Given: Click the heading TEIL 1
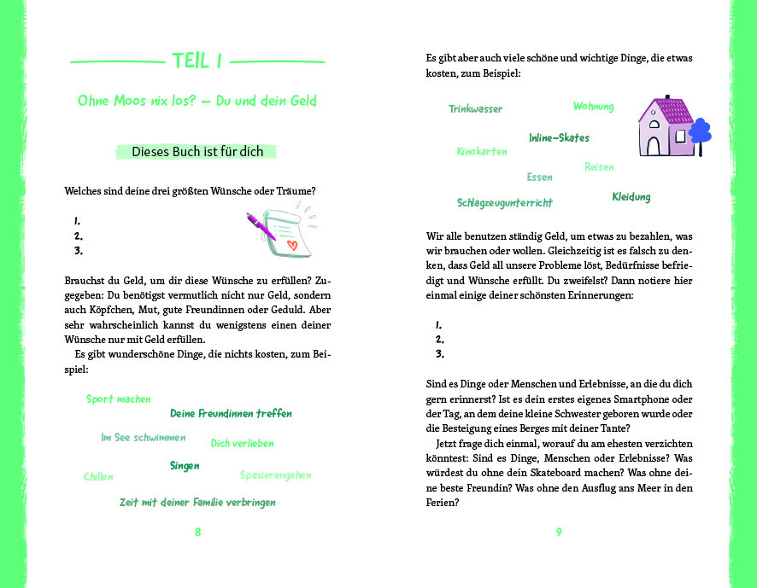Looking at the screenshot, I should [197, 61].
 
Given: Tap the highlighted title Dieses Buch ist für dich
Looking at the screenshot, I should [197, 152].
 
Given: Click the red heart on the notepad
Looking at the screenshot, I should [291, 245].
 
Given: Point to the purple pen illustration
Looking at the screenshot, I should [260, 225].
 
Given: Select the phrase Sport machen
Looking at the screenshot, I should [119, 399].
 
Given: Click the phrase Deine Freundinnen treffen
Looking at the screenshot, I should [231, 414].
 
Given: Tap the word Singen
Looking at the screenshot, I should [185, 466].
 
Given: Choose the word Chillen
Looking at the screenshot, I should [98, 477].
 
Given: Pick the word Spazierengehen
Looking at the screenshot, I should [275, 474].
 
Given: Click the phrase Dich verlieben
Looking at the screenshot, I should [242, 444].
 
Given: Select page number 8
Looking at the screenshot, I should [197, 532].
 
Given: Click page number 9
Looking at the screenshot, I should [559, 532].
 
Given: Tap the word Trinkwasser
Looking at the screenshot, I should [476, 109].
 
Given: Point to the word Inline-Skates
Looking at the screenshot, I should [559, 137].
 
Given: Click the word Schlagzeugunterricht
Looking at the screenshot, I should [504, 203].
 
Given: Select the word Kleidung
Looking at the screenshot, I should [631, 197].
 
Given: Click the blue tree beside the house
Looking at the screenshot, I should [700, 133].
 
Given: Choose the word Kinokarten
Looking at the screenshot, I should [482, 152].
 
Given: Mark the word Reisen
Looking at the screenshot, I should [599, 167].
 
